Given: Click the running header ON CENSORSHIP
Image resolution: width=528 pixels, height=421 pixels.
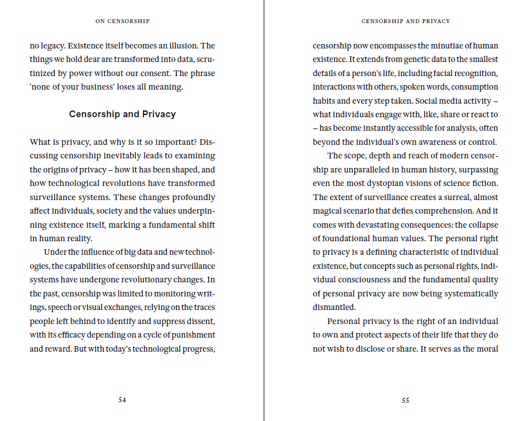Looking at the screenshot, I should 122,21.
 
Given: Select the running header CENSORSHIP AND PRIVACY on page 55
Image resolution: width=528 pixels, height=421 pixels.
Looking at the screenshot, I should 405,21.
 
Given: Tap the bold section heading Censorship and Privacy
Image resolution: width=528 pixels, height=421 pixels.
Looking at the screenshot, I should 122,114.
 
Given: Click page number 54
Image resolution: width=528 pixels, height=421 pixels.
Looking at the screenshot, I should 122,400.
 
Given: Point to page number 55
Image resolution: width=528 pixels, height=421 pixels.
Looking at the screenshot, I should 405,401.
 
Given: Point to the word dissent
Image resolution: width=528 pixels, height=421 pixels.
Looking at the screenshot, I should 198,321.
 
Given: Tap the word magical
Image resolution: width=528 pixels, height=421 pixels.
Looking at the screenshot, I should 329,211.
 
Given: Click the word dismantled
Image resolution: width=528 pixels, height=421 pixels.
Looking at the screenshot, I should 335,308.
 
